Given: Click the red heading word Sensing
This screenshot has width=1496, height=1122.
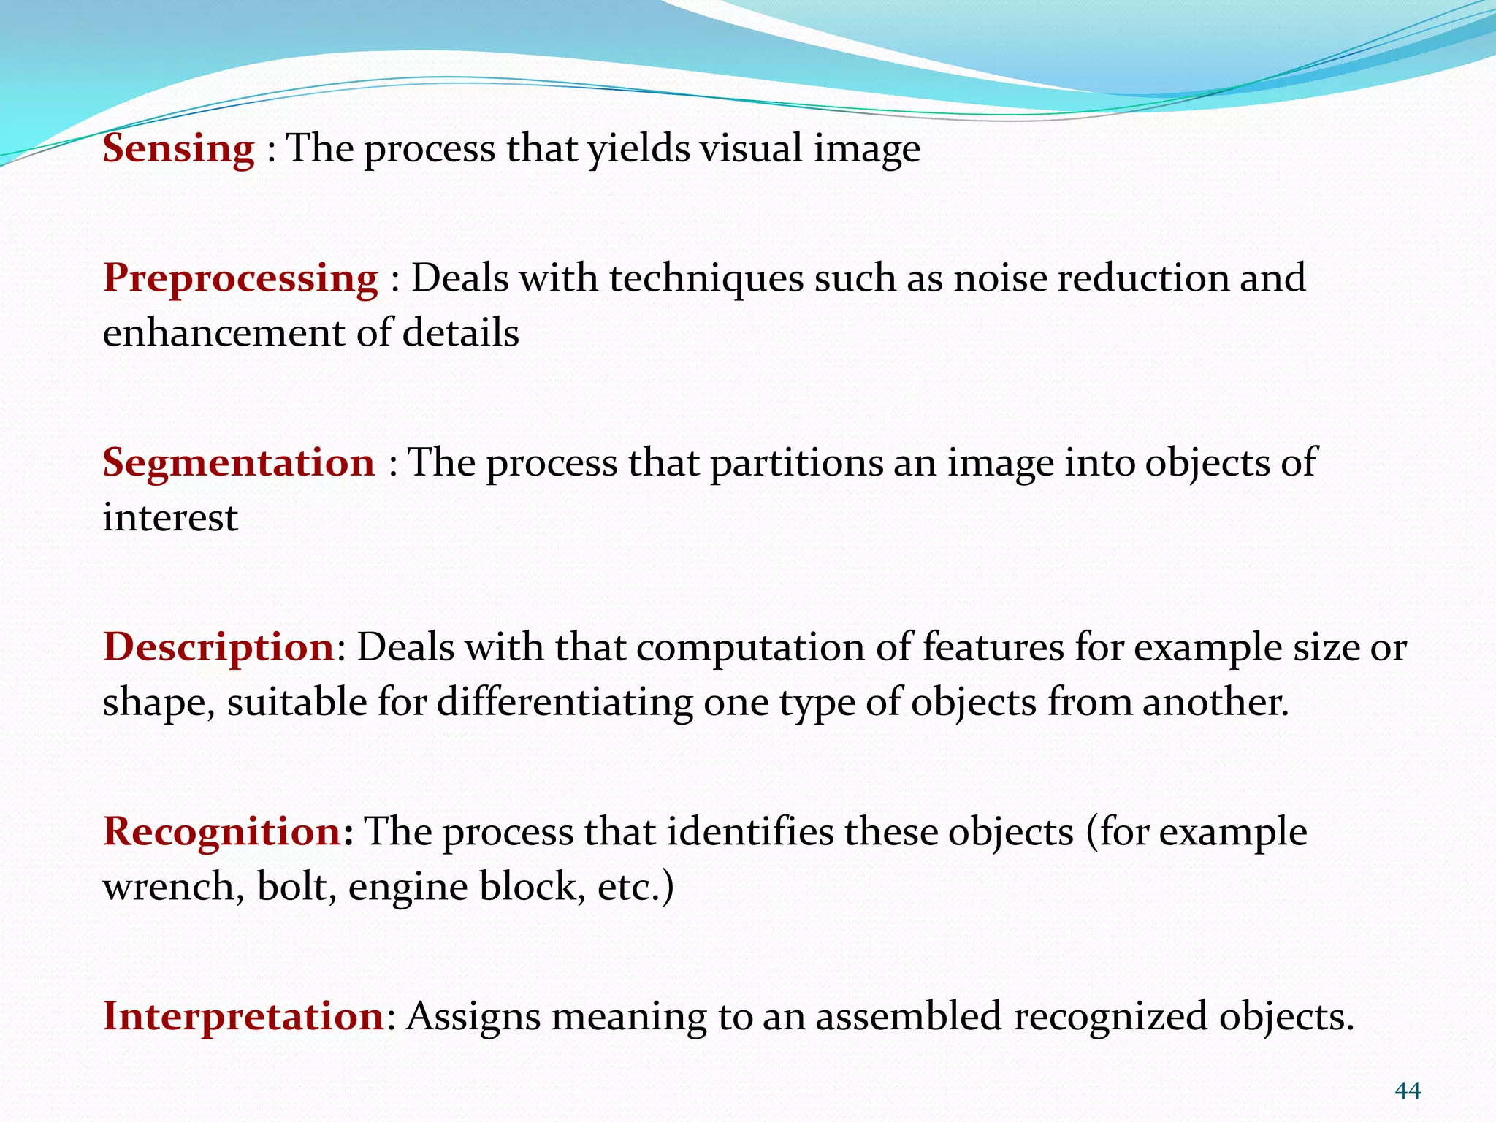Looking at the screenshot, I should point(178,149).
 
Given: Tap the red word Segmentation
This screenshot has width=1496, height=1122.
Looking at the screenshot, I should point(238,463).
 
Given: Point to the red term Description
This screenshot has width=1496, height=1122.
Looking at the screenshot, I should point(218,648).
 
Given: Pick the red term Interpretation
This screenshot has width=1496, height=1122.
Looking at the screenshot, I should point(243,1016).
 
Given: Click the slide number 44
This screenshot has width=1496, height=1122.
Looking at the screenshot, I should point(1408,1091).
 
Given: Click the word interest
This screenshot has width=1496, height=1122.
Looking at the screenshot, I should point(170,519).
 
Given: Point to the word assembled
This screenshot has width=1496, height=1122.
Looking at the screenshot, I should point(908,1016).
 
